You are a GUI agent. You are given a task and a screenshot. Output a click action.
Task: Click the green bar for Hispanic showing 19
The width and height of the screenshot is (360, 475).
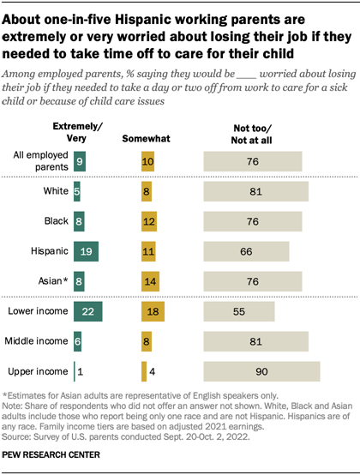(x=87, y=250)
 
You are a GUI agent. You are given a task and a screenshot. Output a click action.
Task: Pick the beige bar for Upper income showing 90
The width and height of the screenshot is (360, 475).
(x=261, y=371)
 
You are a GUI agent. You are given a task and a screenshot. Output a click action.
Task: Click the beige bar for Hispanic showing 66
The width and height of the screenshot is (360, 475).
(x=246, y=250)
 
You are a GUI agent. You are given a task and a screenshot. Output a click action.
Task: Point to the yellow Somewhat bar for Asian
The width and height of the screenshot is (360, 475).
(x=150, y=280)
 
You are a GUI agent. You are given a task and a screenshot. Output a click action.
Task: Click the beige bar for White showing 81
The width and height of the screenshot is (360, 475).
(x=255, y=190)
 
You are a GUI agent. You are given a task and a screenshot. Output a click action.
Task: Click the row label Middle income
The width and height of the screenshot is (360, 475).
(x=37, y=340)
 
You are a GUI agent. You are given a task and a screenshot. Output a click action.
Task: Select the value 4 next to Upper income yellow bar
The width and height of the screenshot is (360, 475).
(x=152, y=371)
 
